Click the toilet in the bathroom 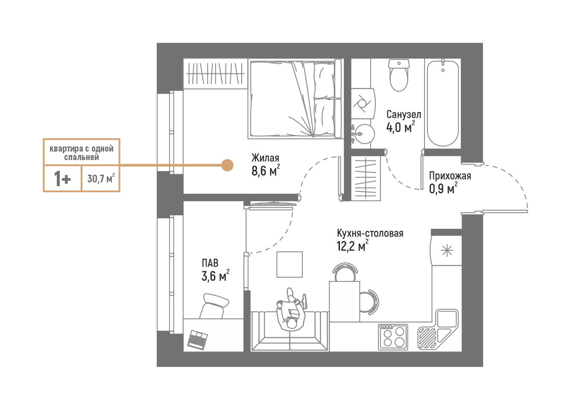(398, 77)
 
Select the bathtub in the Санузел (443, 104)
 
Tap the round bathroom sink (364, 135)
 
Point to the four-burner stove (393, 337)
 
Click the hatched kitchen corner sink (428, 338)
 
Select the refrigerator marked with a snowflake (446, 251)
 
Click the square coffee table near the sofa (290, 264)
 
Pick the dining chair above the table (345, 272)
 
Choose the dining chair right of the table (368, 302)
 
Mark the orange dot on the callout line (227, 165)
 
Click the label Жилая (265, 158)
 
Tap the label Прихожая (450, 176)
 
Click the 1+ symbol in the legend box (62, 179)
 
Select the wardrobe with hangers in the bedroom (215, 73)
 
